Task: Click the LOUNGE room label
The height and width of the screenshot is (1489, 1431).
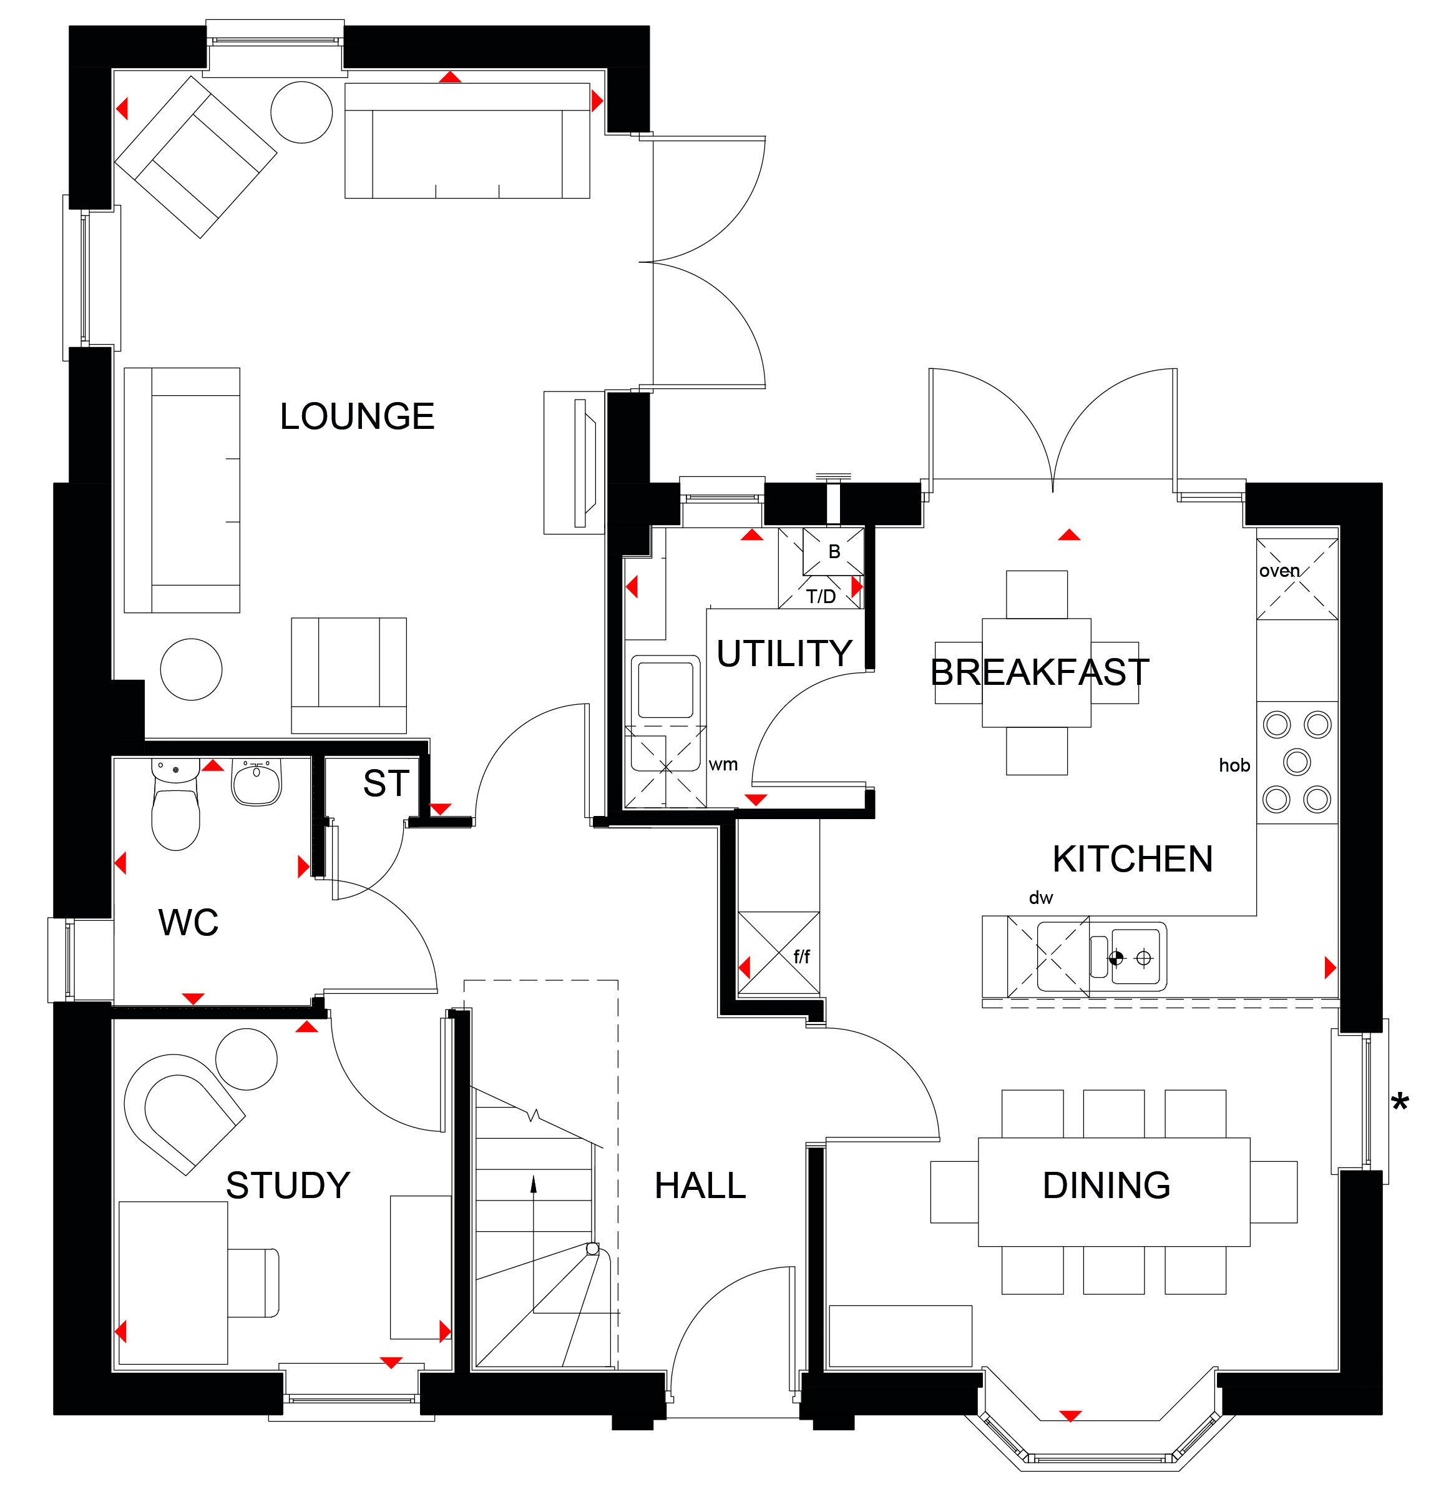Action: pyautogui.click(x=357, y=416)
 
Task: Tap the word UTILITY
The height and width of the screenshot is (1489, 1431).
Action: pyautogui.click(x=784, y=653)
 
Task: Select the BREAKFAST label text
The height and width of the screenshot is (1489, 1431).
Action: pyautogui.click(x=1040, y=672)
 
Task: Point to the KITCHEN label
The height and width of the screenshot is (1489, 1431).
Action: pyautogui.click(x=1133, y=859)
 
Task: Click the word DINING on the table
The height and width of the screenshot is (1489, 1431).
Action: pyautogui.click(x=1106, y=1185)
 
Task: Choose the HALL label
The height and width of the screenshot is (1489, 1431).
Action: pyautogui.click(x=700, y=1186)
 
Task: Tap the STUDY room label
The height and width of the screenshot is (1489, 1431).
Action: pyautogui.click(x=288, y=1185)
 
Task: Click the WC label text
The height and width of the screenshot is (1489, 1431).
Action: pyautogui.click(x=188, y=923)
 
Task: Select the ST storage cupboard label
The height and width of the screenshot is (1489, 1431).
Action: pyautogui.click(x=386, y=784)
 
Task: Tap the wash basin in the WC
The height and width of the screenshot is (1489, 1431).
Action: pyautogui.click(x=256, y=782)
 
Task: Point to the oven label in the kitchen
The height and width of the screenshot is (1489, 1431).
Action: pyautogui.click(x=1279, y=571)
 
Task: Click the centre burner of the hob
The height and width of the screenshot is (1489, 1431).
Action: pyautogui.click(x=1297, y=761)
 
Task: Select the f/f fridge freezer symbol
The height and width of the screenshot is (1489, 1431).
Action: pyautogui.click(x=779, y=953)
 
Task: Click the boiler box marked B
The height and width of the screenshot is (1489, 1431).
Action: pyautogui.click(x=833, y=551)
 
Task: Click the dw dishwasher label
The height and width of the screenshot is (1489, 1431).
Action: pyautogui.click(x=1040, y=898)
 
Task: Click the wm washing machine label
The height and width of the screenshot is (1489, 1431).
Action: pyautogui.click(x=723, y=765)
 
